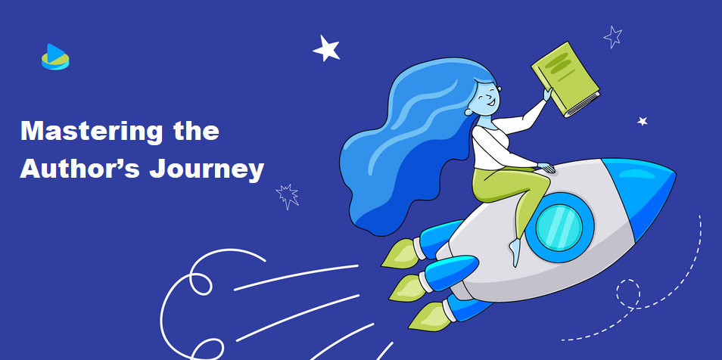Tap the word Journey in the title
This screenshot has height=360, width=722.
coord(207,170)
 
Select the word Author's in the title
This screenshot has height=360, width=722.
coord(79,169)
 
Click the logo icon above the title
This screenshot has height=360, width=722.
coord(55,57)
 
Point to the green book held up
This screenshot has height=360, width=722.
coord(566,79)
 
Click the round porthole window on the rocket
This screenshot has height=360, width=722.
coord(559,228)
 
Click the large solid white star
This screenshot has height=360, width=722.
coord(326,48)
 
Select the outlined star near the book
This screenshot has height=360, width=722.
coord(613,37)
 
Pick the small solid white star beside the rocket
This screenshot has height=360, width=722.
coord(643,121)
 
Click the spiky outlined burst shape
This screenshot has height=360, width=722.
coord(288,196)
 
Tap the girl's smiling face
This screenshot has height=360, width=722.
coord(486,98)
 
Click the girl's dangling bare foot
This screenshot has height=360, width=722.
coord(515,253)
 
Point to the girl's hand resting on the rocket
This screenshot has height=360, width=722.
coord(546,168)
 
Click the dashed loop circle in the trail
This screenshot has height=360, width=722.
coord(628,292)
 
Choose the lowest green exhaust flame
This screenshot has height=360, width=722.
coord(429,317)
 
